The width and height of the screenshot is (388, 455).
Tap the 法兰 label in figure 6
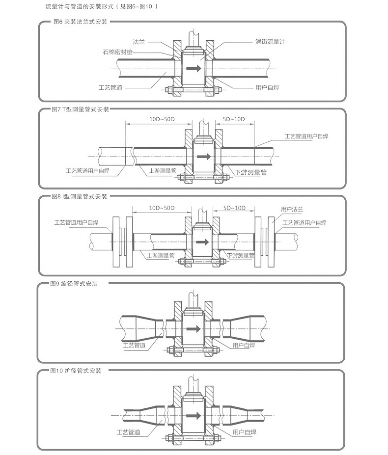pyautogui.click(x=139, y=42)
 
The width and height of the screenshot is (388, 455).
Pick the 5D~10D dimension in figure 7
pyautogui.click(x=234, y=119)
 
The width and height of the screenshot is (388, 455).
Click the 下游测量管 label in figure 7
pyautogui.click(x=250, y=172)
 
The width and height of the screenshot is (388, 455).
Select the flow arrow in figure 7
pyautogui.click(x=202, y=157)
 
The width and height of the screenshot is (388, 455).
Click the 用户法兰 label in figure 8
pyautogui.click(x=292, y=209)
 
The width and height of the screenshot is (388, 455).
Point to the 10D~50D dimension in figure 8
pyautogui.click(x=162, y=208)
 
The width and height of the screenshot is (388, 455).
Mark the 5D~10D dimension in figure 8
pyautogui.click(x=234, y=208)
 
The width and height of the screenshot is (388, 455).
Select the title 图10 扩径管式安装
pyautogui.click(x=76, y=371)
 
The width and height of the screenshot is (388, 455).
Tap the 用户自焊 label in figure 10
pyautogui.click(x=244, y=432)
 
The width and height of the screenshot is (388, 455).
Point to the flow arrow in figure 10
pyautogui.click(x=195, y=415)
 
